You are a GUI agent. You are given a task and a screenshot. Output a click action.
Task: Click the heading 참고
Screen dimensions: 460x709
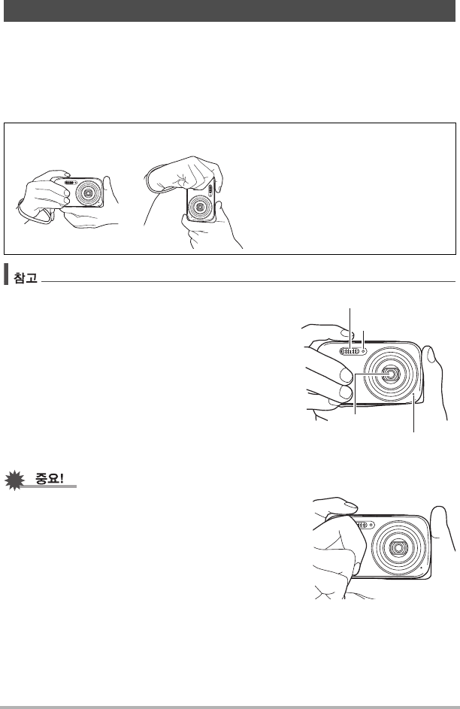(x=26, y=277)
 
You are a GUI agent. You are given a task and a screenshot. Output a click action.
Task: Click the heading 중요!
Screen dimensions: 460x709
(x=50, y=478)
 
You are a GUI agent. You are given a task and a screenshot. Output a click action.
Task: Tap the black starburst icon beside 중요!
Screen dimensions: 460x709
(x=14, y=480)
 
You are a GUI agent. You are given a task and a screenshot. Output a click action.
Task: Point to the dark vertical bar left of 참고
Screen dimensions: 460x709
(x=6, y=274)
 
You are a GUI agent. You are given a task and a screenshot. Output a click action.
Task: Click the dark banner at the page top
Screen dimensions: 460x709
(x=229, y=11)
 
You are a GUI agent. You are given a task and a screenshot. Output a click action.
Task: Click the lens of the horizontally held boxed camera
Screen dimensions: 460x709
(x=88, y=193)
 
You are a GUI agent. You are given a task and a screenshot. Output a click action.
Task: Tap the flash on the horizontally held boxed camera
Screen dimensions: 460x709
(x=70, y=183)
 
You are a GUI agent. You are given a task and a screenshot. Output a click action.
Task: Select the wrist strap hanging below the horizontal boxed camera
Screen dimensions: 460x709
(x=34, y=214)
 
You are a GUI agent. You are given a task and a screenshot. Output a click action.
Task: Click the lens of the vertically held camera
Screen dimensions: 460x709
(x=199, y=207)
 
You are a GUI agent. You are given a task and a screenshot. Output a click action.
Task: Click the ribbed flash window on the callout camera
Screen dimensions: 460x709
(x=350, y=351)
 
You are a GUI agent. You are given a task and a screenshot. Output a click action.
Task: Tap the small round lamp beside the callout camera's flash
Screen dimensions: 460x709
(x=364, y=351)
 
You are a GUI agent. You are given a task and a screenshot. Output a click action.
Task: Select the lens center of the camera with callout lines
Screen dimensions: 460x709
(x=389, y=373)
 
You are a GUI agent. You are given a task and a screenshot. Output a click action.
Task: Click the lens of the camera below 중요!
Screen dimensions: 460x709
(x=398, y=547)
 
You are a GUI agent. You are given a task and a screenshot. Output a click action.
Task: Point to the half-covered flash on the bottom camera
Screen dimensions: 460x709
(x=364, y=525)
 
